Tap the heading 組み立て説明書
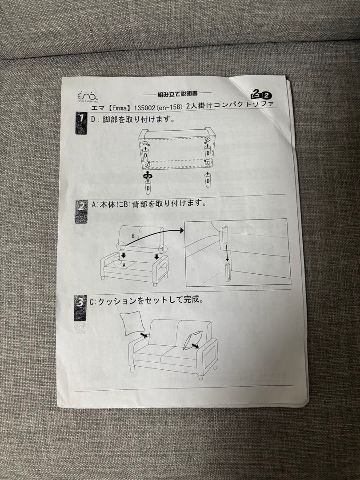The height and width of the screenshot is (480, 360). coord(177,94)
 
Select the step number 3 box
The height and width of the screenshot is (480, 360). coord(80,306)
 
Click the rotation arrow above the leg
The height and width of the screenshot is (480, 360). coord(147,175)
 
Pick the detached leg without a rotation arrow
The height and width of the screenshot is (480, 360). coord(208,180)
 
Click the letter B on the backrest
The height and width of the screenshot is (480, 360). coord(132,235)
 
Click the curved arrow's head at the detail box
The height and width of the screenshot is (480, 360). coord(182,230)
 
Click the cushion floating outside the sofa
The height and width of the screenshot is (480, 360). coord(131,323)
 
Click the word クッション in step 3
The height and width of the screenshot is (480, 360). coord(117,301)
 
